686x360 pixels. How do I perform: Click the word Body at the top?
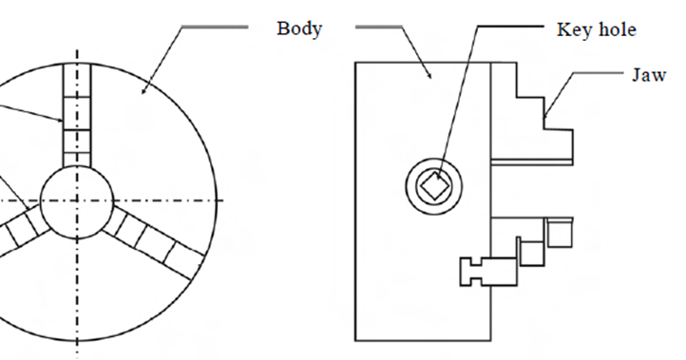(x=299, y=28)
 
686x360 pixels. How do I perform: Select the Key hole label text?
(x=595, y=29)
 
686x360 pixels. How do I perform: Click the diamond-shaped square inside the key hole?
(x=433, y=183)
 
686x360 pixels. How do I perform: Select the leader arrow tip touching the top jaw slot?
(x=65, y=122)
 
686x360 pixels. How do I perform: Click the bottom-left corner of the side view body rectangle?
(x=355, y=340)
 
